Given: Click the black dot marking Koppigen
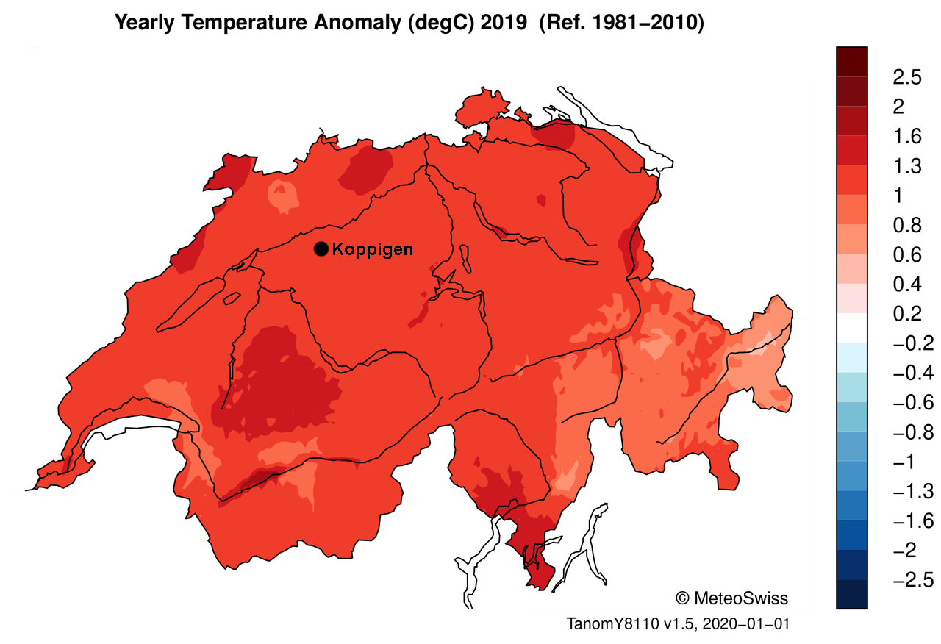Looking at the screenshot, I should coord(321,249).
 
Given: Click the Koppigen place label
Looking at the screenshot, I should coord(372,249).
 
